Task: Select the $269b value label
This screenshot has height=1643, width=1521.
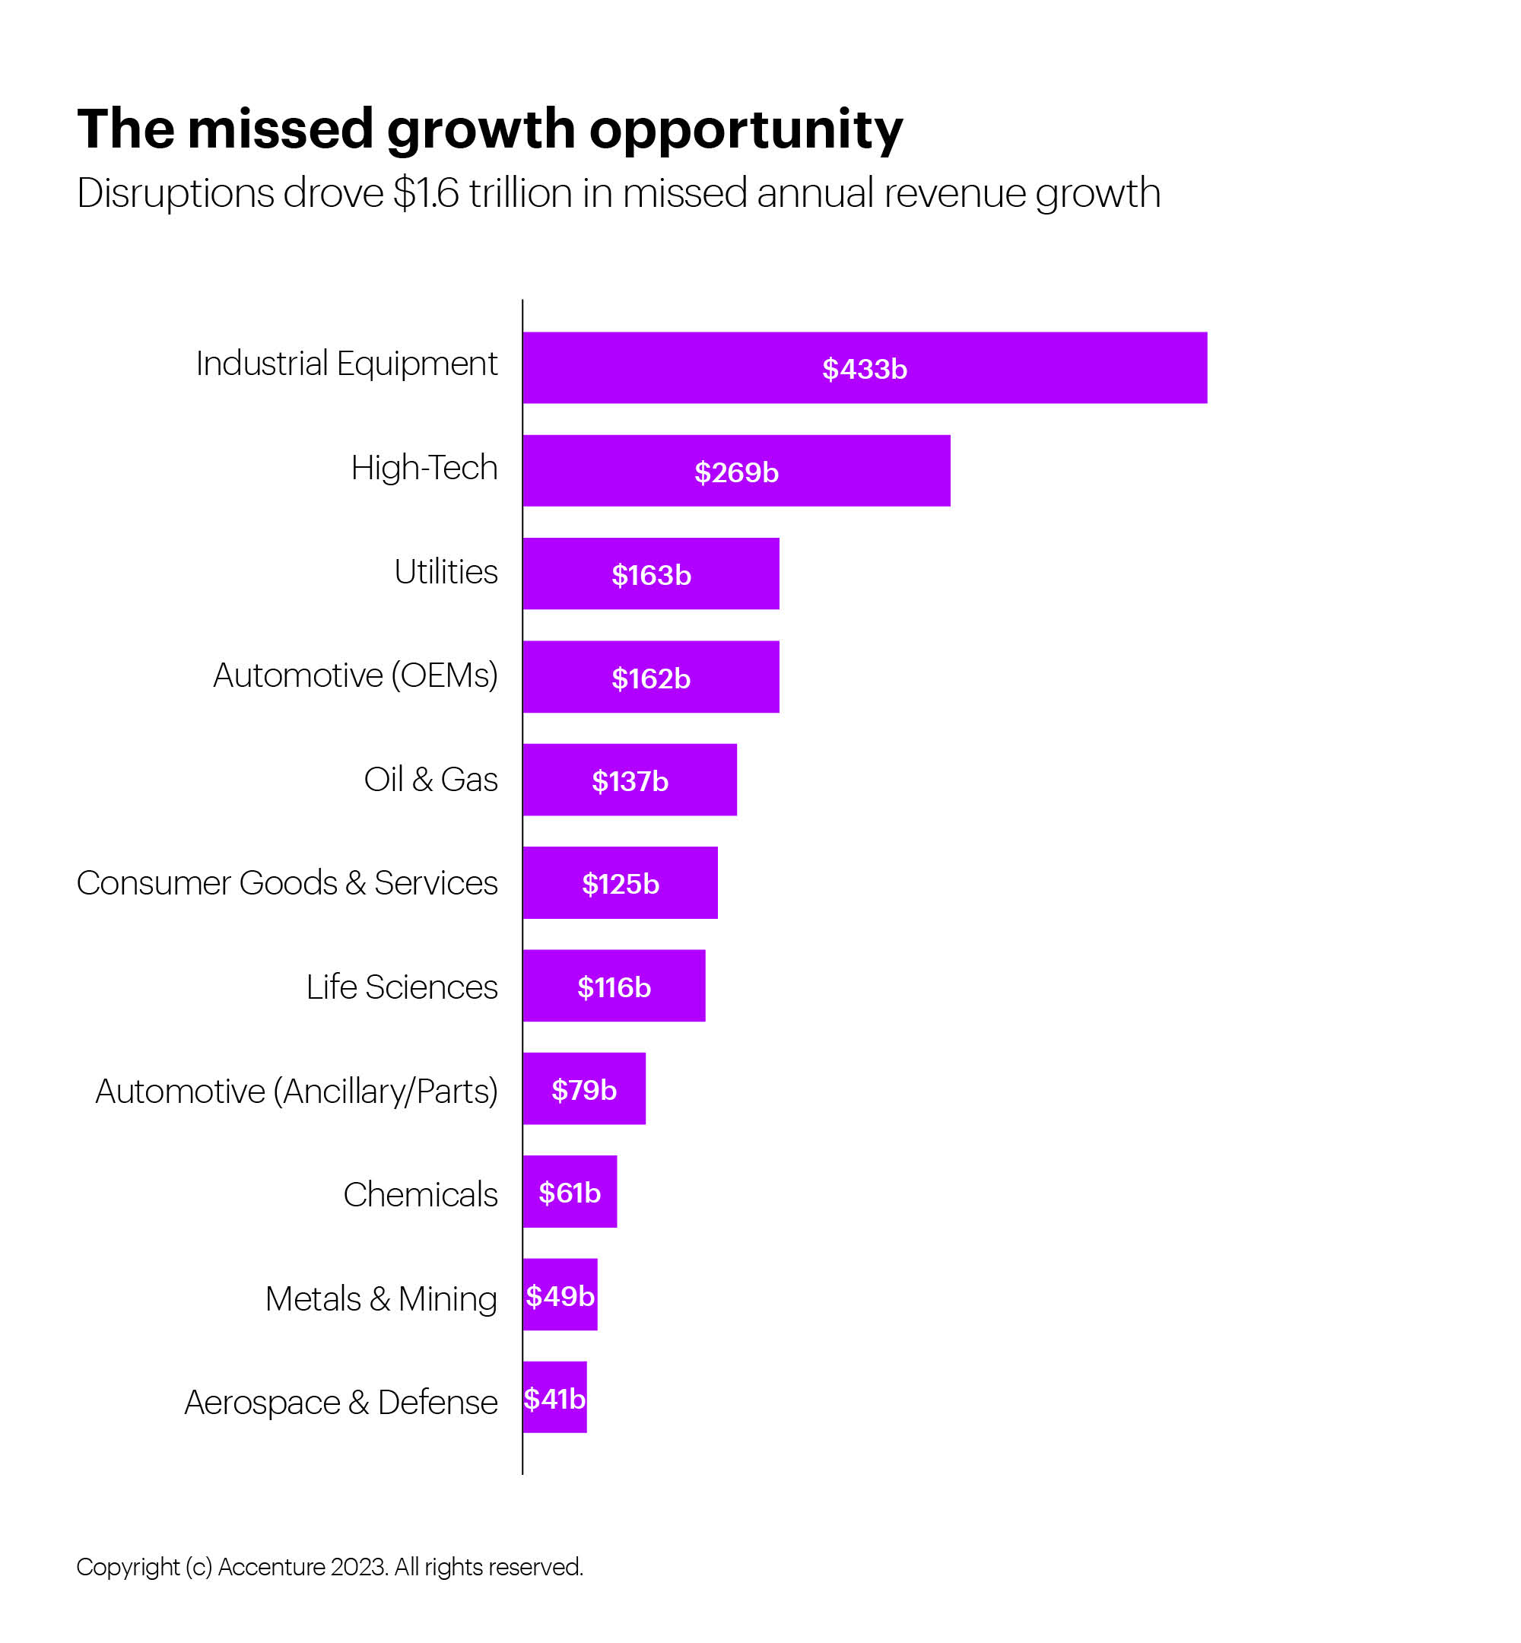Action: (x=736, y=472)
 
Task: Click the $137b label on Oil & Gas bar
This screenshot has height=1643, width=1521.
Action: (x=630, y=781)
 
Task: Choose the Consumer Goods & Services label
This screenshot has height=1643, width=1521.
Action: (x=287, y=883)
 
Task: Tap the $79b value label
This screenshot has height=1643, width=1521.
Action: (x=583, y=1090)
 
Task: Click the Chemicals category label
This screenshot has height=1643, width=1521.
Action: (x=420, y=1194)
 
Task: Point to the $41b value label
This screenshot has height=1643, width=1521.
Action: (x=554, y=1400)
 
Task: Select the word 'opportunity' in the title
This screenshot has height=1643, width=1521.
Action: (x=746, y=130)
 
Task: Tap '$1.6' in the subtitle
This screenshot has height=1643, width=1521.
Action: (x=426, y=193)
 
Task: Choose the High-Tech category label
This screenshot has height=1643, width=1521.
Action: (x=424, y=468)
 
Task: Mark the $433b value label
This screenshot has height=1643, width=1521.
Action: (x=864, y=369)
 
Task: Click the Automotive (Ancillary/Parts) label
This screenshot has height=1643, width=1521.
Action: (x=297, y=1092)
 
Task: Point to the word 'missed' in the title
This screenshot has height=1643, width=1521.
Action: (x=280, y=129)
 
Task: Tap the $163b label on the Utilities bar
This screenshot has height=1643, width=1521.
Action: (x=651, y=575)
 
